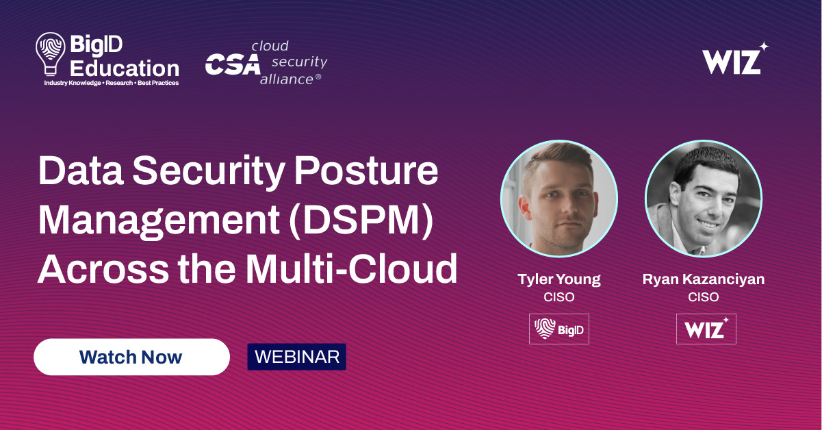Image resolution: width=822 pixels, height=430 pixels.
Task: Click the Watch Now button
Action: click(x=131, y=357)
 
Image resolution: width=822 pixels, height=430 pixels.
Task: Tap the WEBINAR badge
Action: click(x=296, y=357)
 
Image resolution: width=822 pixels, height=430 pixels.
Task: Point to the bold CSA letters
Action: click(x=233, y=64)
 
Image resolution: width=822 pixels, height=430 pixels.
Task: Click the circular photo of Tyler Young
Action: click(x=559, y=199)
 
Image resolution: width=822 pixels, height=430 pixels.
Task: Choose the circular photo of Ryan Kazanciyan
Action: click(x=703, y=199)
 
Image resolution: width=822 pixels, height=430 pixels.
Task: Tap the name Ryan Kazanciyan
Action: click(x=703, y=280)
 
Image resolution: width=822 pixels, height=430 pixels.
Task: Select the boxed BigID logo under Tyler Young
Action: click(x=558, y=329)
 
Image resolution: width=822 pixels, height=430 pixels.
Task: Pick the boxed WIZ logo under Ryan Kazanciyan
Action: click(x=706, y=329)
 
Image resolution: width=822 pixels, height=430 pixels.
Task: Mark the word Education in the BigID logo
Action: click(x=125, y=68)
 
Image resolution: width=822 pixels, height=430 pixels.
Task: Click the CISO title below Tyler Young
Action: click(x=558, y=297)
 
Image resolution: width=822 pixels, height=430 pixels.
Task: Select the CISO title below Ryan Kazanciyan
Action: click(x=703, y=297)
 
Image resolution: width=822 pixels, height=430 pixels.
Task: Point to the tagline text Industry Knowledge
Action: click(x=70, y=83)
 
